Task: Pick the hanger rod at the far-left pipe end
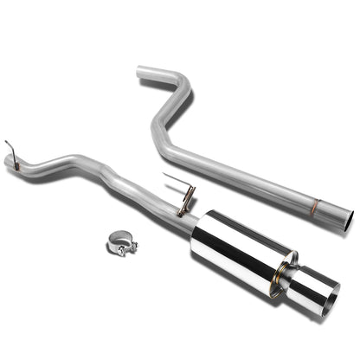[x=10, y=154]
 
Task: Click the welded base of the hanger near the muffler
[x=183, y=210]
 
